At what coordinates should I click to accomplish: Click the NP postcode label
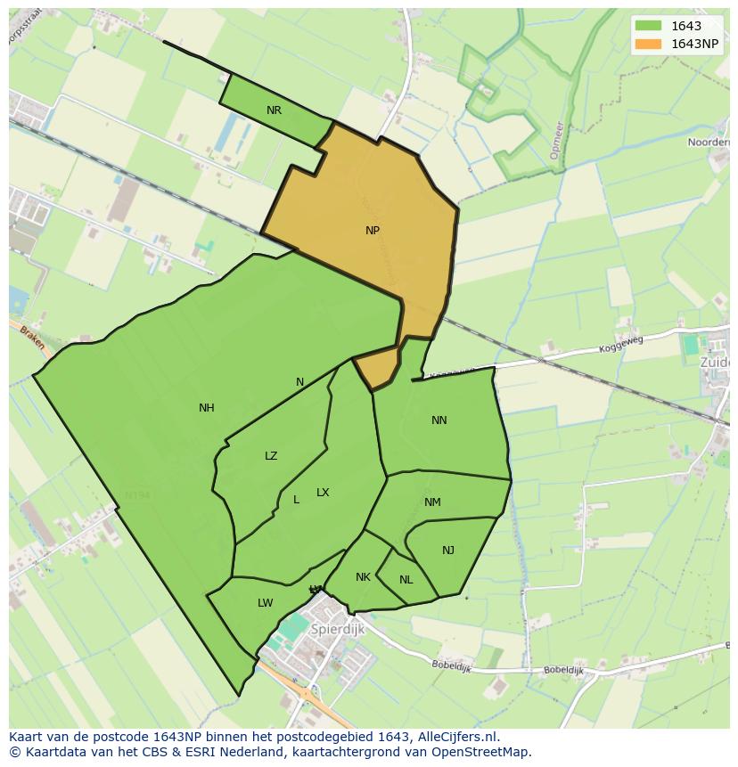373,231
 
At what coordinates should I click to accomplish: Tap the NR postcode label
274,110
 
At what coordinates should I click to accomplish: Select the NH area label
207,408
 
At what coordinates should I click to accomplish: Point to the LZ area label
271,456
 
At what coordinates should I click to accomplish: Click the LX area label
323,493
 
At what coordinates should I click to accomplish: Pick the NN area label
439,420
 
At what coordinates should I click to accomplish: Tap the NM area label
432,502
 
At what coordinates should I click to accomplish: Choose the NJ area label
448,551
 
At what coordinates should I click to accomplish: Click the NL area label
406,580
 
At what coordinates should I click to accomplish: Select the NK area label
363,577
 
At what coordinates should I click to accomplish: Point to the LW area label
265,603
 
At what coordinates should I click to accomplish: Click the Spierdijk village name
337,629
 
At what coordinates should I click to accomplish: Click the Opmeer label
556,140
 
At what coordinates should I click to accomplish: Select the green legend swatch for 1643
649,26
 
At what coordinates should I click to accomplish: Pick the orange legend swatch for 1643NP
649,44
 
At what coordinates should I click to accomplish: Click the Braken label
32,338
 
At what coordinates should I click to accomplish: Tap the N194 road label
137,495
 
